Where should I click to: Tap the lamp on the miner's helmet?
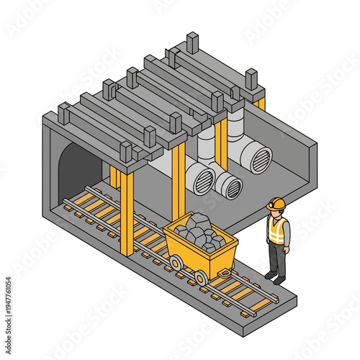click(270, 205)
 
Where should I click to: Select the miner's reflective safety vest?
click(276, 230)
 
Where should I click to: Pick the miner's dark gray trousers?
click(276, 256)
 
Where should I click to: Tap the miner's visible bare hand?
click(287, 248)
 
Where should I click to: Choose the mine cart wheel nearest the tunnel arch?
click(175, 263)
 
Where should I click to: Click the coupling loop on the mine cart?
click(225, 272)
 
